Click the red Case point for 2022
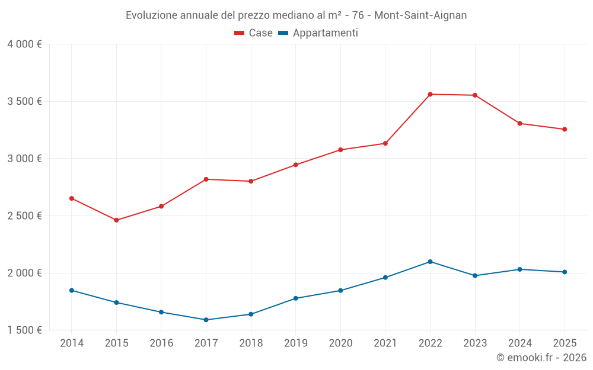pos(430,94)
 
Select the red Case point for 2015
pos(116,220)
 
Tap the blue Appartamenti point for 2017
pos(206,320)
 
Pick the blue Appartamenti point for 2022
pos(430,262)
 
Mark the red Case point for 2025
pos(565,129)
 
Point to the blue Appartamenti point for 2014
pos(71,290)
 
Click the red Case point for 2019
pos(295,165)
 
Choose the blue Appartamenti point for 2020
pos(340,290)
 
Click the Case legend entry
pos(253,33)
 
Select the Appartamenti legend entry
pos(318,33)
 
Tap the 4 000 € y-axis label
pos(24,44)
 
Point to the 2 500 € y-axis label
pos(24,216)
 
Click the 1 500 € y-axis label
pos(24,330)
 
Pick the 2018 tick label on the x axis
pos(251,343)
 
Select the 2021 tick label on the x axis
pos(385,343)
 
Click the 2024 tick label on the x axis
pos(519,343)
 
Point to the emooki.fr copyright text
pos(541,358)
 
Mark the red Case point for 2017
pos(206,179)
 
